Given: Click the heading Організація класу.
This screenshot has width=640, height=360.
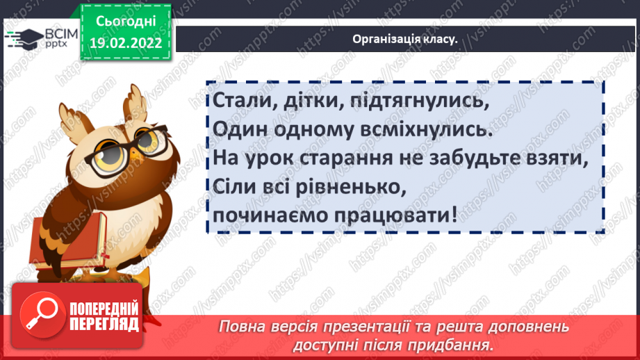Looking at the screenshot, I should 404,39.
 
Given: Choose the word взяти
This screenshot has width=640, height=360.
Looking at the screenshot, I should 555,158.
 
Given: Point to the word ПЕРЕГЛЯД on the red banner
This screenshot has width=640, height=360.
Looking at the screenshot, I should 104,324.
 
